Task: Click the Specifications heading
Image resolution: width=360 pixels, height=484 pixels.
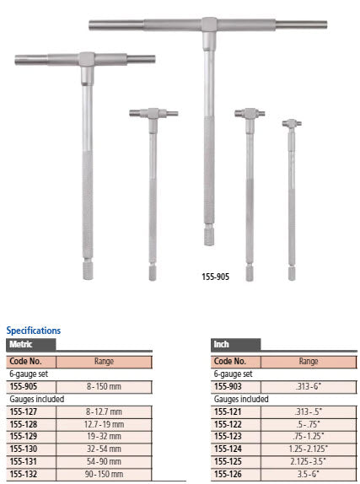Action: coord(34,331)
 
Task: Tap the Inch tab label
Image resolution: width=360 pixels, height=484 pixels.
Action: coord(223,344)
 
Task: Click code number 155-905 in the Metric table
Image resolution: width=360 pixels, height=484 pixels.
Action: coord(24,386)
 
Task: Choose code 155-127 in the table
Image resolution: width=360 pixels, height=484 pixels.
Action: coord(24,412)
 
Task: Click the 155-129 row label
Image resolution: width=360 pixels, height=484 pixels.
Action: coord(24,436)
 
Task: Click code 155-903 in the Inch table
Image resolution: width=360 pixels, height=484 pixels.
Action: coord(230,386)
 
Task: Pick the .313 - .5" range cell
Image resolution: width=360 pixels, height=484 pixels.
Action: coord(308,412)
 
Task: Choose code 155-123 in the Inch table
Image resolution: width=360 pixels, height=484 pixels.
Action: coord(230,436)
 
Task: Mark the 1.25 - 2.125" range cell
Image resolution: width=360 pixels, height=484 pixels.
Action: coord(308,449)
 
